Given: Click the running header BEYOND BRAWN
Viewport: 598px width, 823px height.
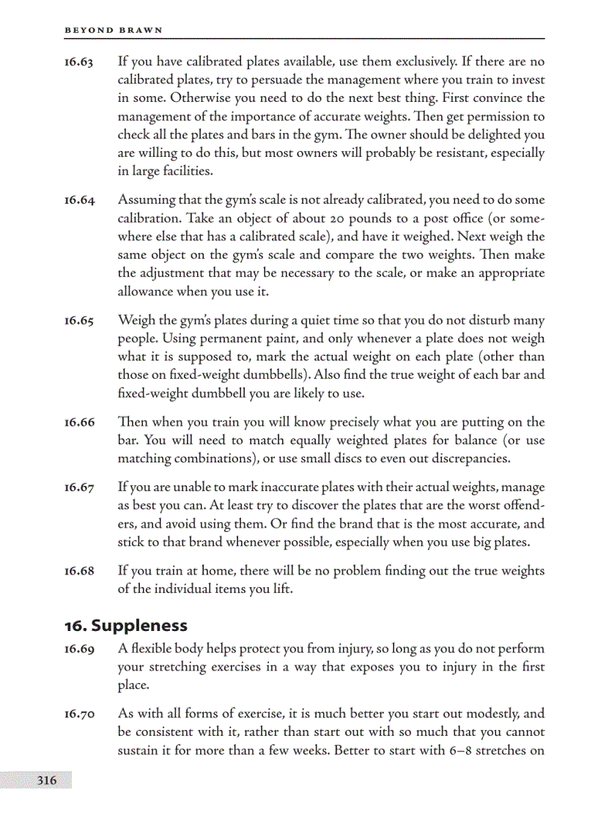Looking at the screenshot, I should [x=114, y=30].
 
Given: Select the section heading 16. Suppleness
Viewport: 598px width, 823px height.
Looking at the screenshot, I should [x=126, y=625].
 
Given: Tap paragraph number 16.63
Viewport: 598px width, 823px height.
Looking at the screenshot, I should [x=78, y=62].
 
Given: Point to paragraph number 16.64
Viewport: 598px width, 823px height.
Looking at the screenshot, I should [x=78, y=200].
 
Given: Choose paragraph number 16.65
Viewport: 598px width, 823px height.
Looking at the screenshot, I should [x=78, y=320].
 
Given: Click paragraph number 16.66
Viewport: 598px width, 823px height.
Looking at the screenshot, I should [x=78, y=422].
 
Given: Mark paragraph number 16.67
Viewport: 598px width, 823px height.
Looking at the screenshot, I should [x=78, y=487].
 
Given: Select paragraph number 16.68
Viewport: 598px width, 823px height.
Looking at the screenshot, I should [x=78, y=571].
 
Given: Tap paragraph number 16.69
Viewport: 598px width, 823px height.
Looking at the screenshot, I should [x=78, y=649].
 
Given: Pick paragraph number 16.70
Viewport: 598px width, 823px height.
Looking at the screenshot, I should [x=78, y=714].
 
